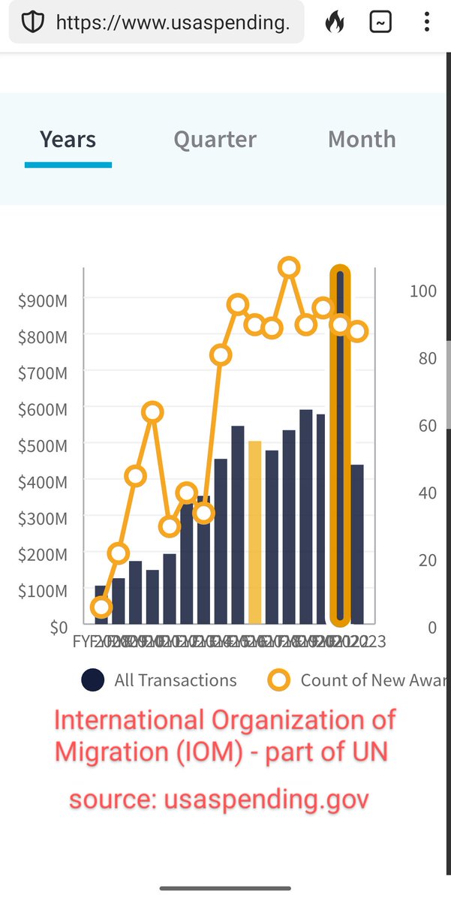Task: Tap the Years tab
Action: [x=68, y=140]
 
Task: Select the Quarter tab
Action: [x=215, y=140]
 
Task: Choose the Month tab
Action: [x=362, y=140]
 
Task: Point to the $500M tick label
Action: [x=42, y=445]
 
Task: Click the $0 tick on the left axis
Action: [x=59, y=627]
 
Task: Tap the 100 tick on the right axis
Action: [x=422, y=291]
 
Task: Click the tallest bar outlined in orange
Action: [x=341, y=450]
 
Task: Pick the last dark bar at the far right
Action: [x=357, y=544]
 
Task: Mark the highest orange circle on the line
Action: [x=289, y=267]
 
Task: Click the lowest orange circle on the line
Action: [x=101, y=607]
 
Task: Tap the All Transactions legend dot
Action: [x=92, y=680]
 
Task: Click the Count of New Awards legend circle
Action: [x=279, y=680]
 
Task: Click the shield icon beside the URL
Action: [x=32, y=23]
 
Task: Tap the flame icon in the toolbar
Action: [x=335, y=23]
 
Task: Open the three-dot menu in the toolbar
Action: [x=426, y=23]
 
